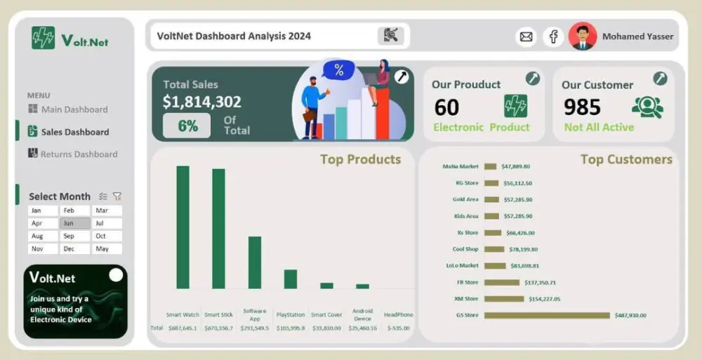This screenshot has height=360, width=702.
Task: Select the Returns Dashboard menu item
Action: coord(79,154)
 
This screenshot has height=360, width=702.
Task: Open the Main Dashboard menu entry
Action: coord(74,109)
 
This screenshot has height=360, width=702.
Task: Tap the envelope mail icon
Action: coord(526,36)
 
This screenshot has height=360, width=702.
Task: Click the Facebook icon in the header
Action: coord(553,36)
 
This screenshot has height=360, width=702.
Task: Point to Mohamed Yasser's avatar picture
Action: coord(583,36)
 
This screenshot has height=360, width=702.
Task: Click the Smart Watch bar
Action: coord(183,227)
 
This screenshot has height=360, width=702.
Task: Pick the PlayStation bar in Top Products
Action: coord(291,279)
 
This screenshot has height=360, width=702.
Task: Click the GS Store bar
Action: coord(547,315)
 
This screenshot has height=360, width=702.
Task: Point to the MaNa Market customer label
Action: coord(461,167)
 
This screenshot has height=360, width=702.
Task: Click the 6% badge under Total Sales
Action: coord(187,126)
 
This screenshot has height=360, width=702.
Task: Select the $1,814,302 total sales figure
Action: coord(202,102)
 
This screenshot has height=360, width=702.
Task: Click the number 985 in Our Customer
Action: coord(583,107)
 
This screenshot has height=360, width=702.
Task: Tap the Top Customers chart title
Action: coord(626,159)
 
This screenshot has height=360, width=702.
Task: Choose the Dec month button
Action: coord(68,249)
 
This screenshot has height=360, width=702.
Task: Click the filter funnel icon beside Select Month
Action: coord(117,196)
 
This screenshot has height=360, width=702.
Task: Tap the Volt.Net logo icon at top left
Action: coord(43,38)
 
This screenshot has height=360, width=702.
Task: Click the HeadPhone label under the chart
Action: coord(399,315)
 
